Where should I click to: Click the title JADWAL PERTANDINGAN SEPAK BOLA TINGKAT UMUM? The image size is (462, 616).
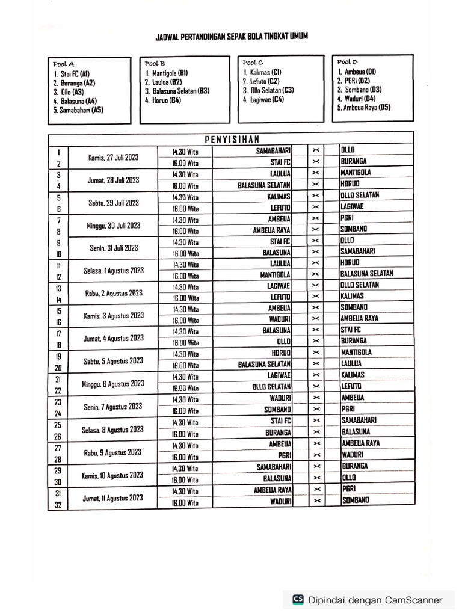point(232,37)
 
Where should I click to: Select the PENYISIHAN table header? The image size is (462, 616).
point(231,139)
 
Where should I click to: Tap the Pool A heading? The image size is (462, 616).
point(63,64)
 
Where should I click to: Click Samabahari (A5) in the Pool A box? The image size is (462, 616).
point(78,110)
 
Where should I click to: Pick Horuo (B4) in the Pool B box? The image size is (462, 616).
point(163,100)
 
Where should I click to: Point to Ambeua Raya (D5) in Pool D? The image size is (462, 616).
point(363,108)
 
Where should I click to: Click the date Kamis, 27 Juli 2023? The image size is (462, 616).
point(113,158)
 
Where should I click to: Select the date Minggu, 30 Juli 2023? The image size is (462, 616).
point(113,226)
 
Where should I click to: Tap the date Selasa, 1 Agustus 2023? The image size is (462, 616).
point(113,271)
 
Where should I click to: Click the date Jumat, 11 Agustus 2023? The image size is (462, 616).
point(113,497)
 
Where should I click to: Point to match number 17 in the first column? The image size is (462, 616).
point(58,333)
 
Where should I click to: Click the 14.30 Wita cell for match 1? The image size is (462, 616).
point(185,152)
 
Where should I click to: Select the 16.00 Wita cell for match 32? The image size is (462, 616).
point(185,503)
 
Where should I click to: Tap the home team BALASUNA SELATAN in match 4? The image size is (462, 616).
point(264,185)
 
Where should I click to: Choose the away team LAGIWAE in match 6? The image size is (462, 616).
point(352,206)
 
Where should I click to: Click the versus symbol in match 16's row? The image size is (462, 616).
point(316,319)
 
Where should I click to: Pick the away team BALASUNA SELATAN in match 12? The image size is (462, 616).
point(366,274)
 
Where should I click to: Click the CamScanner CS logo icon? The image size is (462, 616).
point(298,599)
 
